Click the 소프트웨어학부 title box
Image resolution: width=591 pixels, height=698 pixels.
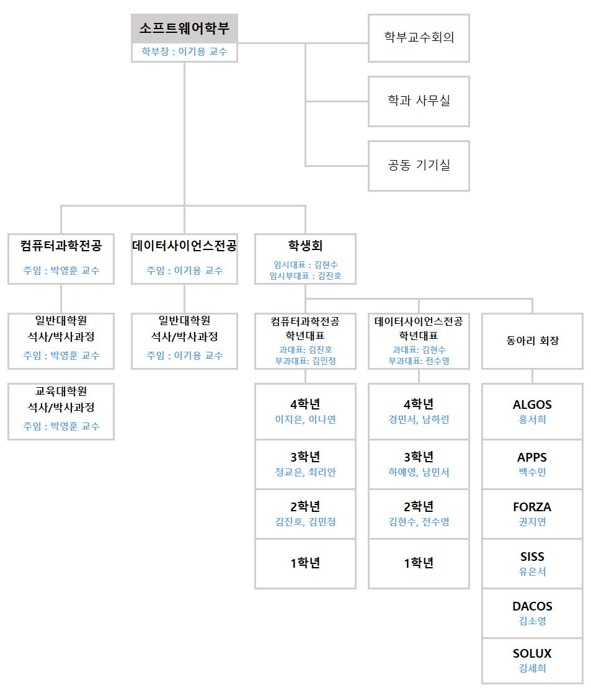pyautogui.click(x=184, y=38)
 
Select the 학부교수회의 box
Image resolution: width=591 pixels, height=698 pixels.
pyautogui.click(x=419, y=38)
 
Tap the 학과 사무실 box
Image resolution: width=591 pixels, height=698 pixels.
pyautogui.click(x=419, y=102)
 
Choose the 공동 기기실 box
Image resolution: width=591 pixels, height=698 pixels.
pyautogui.click(x=419, y=166)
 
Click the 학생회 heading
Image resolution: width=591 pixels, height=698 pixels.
pyautogui.click(x=305, y=246)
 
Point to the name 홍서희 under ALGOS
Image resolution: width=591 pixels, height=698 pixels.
pyautogui.click(x=532, y=419)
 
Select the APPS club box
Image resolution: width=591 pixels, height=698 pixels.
pyautogui.click(x=532, y=464)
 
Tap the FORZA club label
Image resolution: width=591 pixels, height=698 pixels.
pyautogui.click(x=532, y=507)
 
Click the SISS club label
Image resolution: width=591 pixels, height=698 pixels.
pyautogui.click(x=532, y=557)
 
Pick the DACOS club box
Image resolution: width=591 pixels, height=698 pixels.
pyautogui.click(x=532, y=614)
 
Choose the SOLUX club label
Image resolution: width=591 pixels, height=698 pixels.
pyautogui.click(x=532, y=653)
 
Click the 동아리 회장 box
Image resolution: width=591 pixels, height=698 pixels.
pyautogui.click(x=532, y=341)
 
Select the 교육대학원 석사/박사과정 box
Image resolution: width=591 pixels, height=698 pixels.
pyautogui.click(x=61, y=411)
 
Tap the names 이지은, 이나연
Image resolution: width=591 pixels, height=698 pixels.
pyautogui.click(x=305, y=419)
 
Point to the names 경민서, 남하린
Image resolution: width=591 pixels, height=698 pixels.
pyautogui.click(x=419, y=419)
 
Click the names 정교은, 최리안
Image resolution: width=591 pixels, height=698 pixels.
pyautogui.click(x=305, y=472)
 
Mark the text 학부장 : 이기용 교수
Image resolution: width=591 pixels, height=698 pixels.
pyautogui.click(x=184, y=51)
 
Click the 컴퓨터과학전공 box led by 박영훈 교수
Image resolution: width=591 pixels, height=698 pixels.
pyautogui.click(x=61, y=259)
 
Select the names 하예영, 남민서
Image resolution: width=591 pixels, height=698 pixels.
pyautogui.click(x=419, y=472)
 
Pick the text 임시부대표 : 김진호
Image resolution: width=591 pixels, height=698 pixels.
pyautogui.click(x=305, y=276)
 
